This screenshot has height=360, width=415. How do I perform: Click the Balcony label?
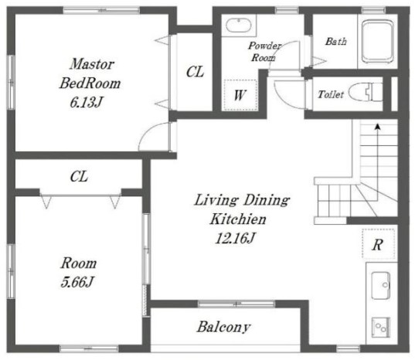click(x=223, y=327)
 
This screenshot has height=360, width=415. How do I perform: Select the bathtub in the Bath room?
click(x=378, y=41)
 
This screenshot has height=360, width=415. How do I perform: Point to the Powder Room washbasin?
click(x=238, y=25)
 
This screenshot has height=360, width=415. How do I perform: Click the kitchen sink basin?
click(x=380, y=286)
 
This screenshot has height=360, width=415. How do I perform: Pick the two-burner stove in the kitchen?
click(x=380, y=328)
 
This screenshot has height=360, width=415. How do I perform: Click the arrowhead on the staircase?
click(x=378, y=127)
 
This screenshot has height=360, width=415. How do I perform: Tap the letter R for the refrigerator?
click(x=378, y=245)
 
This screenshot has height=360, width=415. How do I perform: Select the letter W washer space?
click(x=240, y=95)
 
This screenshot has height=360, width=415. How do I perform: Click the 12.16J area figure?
click(x=235, y=238)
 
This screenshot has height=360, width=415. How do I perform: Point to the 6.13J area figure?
click(x=86, y=102)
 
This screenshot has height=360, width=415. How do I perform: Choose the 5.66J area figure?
click(x=77, y=282)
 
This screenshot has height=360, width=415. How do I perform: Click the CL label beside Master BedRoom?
click(x=195, y=72)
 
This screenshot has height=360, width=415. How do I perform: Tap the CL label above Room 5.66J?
click(x=79, y=176)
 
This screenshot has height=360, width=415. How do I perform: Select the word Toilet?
click(x=331, y=94)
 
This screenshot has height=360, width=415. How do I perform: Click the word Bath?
click(x=336, y=41)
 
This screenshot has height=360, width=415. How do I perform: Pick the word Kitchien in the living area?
click(x=238, y=219)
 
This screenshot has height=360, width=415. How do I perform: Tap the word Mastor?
click(x=92, y=64)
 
